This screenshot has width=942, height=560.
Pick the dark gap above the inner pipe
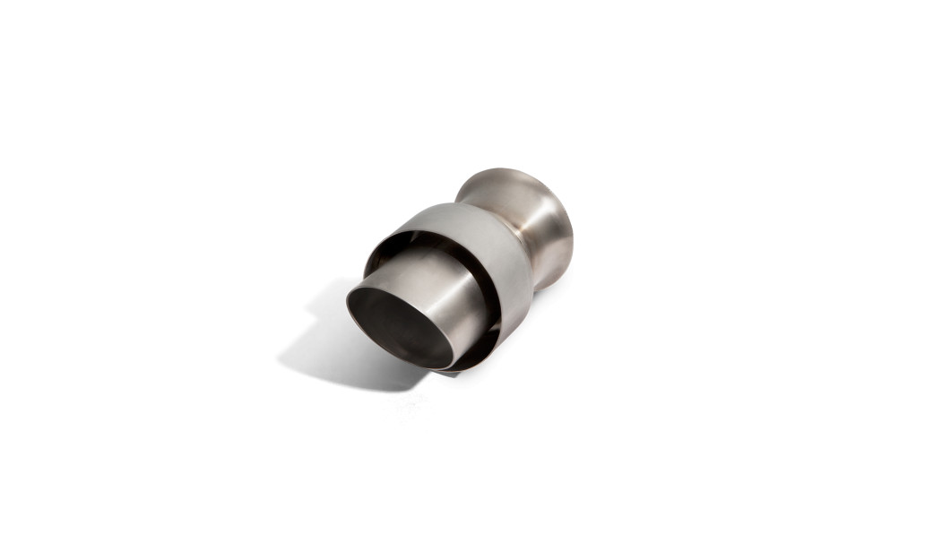click(x=421, y=244)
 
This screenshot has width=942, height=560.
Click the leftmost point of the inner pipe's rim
click(x=348, y=301)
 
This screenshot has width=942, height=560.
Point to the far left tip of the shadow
click(x=280, y=358)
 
